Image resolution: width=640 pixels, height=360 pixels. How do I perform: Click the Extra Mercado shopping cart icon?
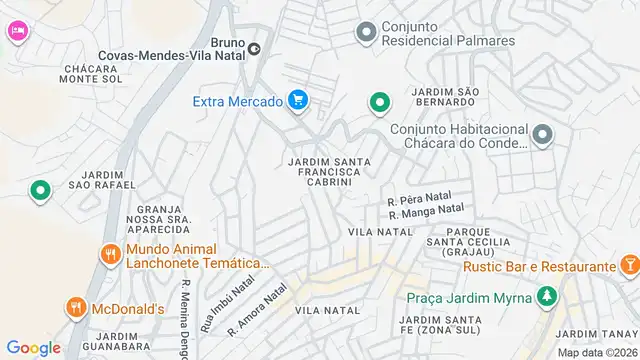click(297, 99)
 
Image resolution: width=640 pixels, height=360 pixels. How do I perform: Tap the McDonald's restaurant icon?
click(75, 309)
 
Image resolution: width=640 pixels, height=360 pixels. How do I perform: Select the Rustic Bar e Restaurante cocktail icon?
click(629, 266)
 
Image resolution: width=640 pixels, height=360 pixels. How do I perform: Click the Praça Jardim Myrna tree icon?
click(546, 297)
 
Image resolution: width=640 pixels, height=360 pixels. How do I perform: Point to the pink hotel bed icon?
click(17, 32)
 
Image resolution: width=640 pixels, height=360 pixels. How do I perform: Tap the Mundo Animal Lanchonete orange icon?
click(109, 254)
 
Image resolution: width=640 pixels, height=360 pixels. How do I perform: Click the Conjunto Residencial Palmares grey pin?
click(365, 33)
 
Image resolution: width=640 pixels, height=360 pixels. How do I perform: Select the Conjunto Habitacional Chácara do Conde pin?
click(542, 134)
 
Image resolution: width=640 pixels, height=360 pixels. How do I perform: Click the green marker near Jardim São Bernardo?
click(379, 102)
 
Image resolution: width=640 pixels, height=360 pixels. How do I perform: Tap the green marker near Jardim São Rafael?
click(40, 190)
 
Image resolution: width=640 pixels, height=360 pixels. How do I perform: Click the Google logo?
click(33, 348)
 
